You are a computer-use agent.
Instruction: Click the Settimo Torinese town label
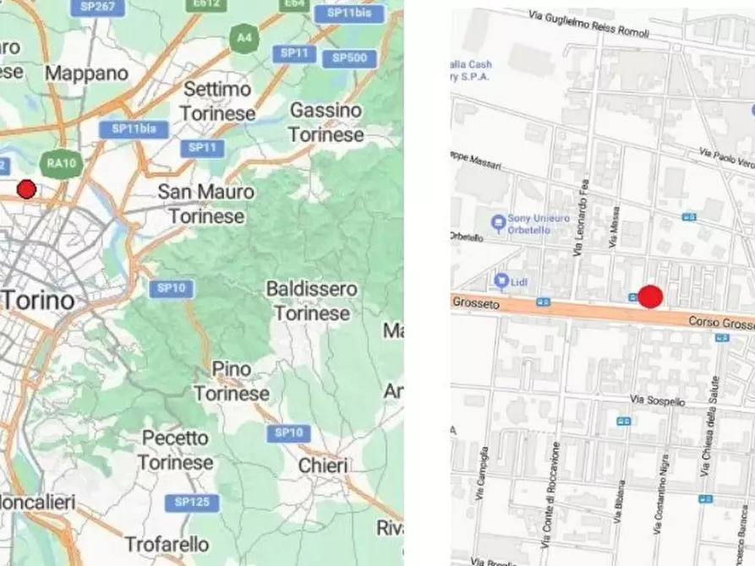pyautogui.click(x=216, y=101)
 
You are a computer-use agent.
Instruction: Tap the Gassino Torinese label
pyautogui.click(x=326, y=122)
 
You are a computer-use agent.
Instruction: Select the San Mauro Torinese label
pyautogui.click(x=205, y=204)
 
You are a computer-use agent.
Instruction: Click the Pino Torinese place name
pyautogui.click(x=231, y=381)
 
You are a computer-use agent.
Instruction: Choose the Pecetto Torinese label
pyautogui.click(x=175, y=450)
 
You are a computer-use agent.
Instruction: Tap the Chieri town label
pyautogui.click(x=323, y=465)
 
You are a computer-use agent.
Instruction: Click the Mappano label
pyautogui.click(x=86, y=73)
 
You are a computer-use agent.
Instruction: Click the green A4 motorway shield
pyautogui.click(x=244, y=38)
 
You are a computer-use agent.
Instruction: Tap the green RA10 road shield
pyautogui.click(x=57, y=163)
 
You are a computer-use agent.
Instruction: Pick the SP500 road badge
pyautogui.click(x=349, y=57)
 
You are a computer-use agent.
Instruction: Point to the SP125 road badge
pyautogui.click(x=192, y=502)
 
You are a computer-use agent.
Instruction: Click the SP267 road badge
pyautogui.click(x=98, y=8)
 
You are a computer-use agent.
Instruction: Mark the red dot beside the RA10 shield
pyautogui.click(x=27, y=189)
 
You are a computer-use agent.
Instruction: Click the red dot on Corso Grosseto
pyautogui.click(x=649, y=297)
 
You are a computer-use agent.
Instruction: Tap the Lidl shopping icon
pyautogui.click(x=501, y=280)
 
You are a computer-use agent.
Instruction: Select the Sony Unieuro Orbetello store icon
pyautogui.click(x=498, y=223)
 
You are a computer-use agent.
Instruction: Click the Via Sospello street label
pyautogui.click(x=658, y=400)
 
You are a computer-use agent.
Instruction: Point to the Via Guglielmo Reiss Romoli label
pyautogui.click(x=588, y=25)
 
